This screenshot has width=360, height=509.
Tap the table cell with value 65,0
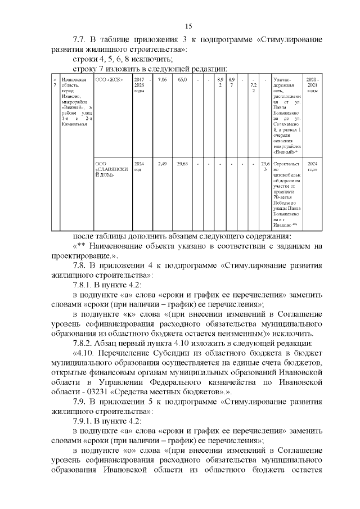pyautogui.click(x=182, y=80)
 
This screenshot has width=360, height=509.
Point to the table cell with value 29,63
pyautogui.click(x=182, y=163)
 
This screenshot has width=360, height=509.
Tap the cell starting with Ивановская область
pyautogui.click(x=76, y=103)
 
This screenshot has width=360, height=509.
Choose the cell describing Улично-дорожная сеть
pyautogui.click(x=286, y=115)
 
